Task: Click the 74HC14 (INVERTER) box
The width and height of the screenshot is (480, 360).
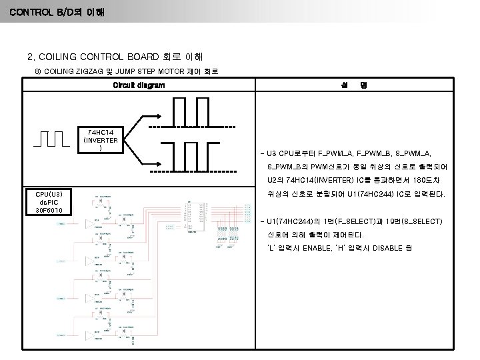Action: coord(99,139)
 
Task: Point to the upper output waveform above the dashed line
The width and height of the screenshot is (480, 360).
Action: coord(192,113)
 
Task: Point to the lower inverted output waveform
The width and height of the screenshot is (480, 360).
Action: coord(192,157)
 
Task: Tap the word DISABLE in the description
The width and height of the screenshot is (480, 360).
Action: coord(399,249)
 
